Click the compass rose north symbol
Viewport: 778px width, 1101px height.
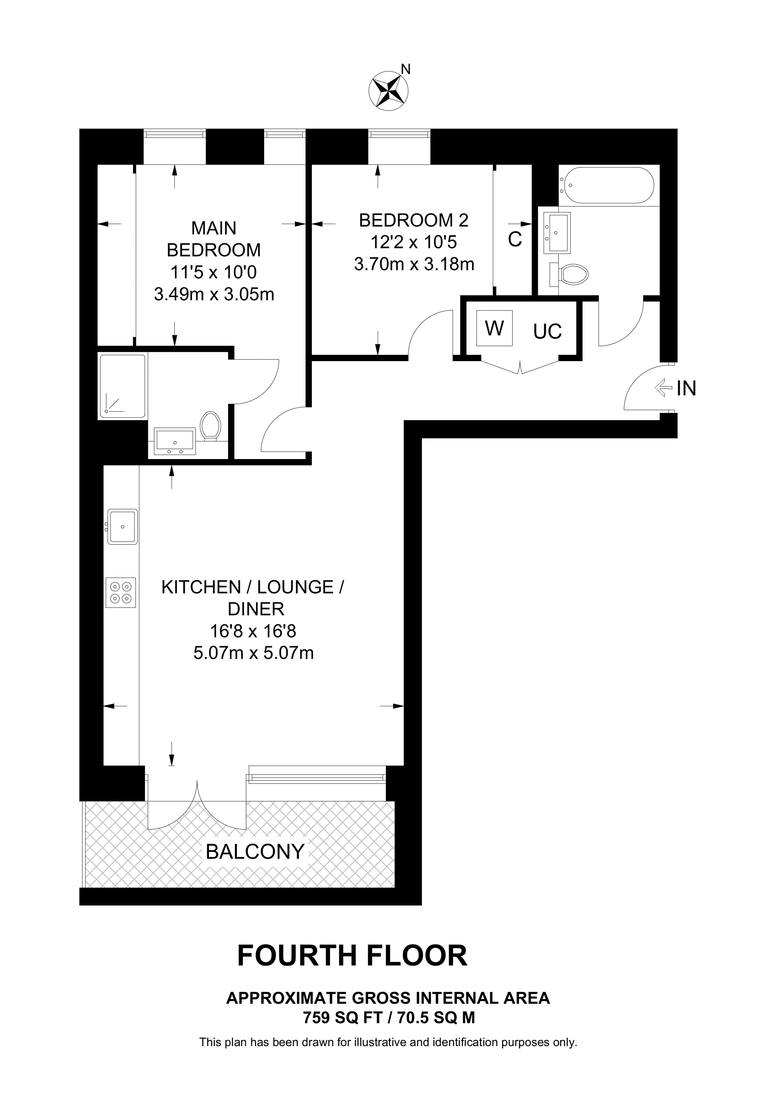tap(388, 90)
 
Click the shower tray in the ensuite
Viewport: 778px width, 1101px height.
tap(122, 386)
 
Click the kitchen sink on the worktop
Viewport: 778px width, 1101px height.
tap(122, 527)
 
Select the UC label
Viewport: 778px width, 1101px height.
tap(547, 331)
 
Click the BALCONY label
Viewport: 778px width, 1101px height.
tap(255, 852)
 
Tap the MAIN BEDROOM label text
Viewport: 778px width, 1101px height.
tap(214, 239)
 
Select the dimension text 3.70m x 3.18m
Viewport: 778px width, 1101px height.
tap(414, 264)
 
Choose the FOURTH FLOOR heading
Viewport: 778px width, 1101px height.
tap(352, 956)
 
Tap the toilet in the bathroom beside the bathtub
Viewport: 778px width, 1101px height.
tap(570, 275)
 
